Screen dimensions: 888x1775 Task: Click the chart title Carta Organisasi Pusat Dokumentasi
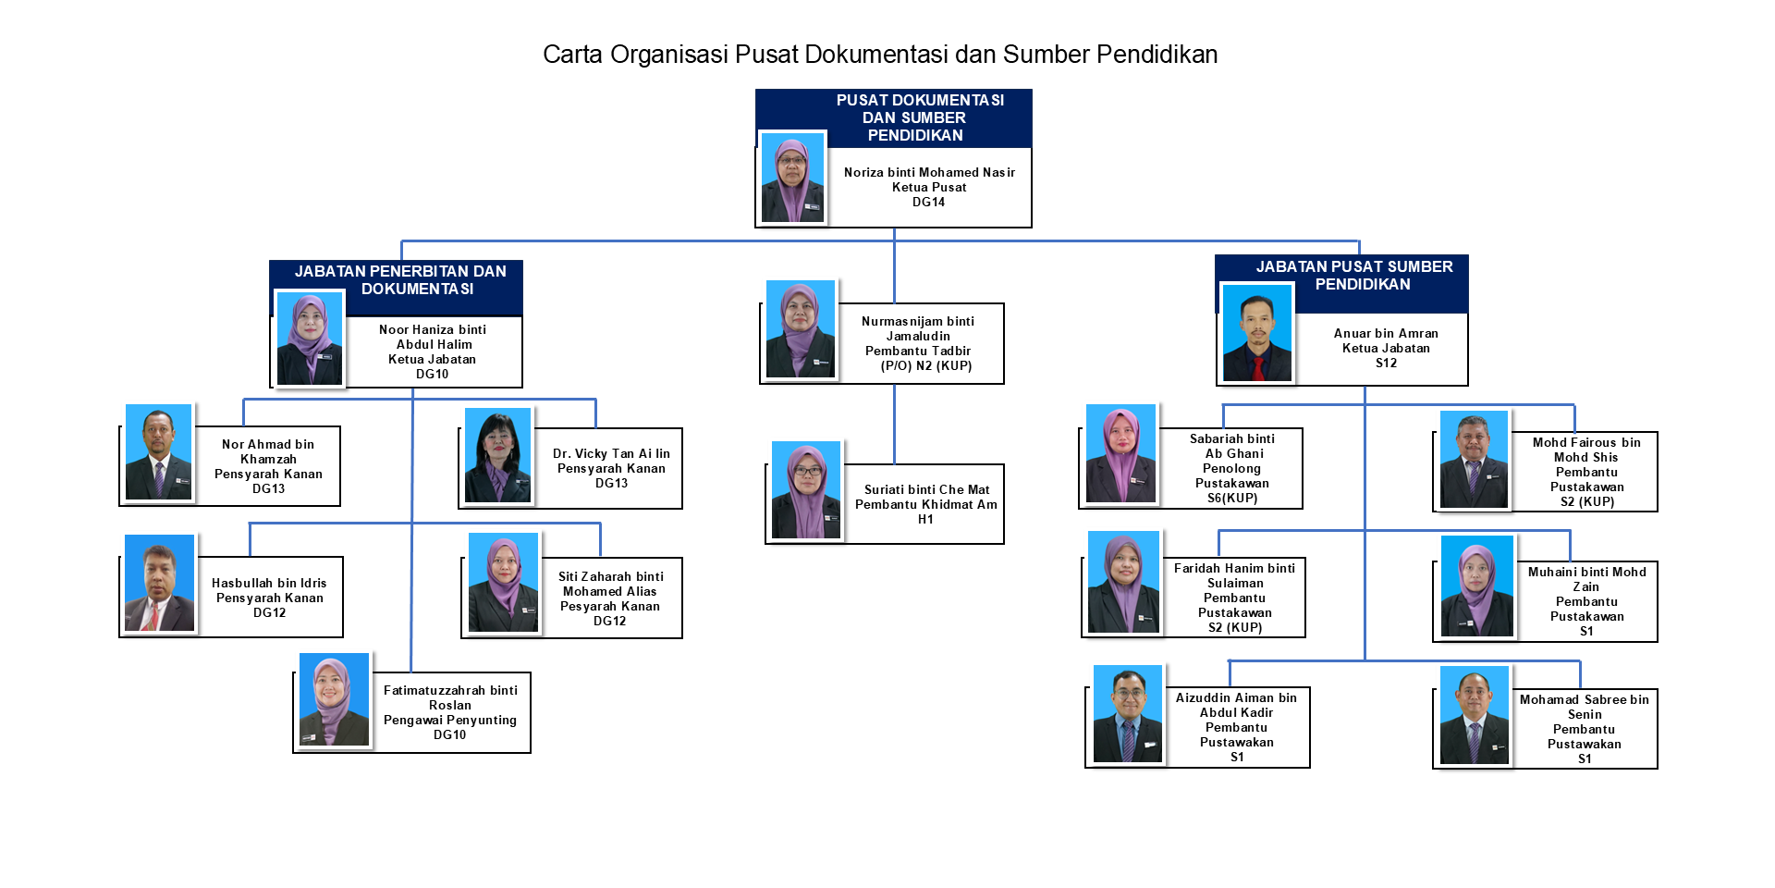(879, 55)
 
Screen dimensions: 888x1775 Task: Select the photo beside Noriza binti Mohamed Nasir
(792, 178)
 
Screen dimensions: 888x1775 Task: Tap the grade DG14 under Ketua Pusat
(928, 203)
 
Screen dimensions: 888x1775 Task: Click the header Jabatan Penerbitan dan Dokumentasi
(400, 280)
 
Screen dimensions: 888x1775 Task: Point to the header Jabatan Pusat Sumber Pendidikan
(1354, 276)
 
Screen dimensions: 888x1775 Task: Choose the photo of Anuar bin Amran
(1256, 333)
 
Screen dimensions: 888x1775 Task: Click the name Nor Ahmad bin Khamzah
(268, 451)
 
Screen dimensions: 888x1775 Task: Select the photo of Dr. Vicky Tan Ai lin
(497, 455)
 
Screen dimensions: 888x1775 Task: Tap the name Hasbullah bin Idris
(269, 583)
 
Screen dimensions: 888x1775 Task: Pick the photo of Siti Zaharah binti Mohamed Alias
(503, 583)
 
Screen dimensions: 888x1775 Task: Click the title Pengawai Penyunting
(450, 721)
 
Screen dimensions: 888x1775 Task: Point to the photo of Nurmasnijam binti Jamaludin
(801, 329)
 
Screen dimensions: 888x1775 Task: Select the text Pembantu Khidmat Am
(926, 505)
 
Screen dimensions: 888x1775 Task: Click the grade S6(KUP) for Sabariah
(1232, 499)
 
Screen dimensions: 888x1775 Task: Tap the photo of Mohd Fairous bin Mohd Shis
(1474, 460)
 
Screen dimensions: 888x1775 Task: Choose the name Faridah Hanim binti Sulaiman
(1234, 575)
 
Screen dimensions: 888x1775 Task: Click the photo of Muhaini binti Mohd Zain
(1476, 586)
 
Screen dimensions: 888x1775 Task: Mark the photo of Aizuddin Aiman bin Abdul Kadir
(1127, 714)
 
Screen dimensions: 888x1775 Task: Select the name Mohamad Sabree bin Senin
(1585, 707)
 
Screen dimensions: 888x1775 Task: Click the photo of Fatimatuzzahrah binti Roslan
(334, 699)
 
